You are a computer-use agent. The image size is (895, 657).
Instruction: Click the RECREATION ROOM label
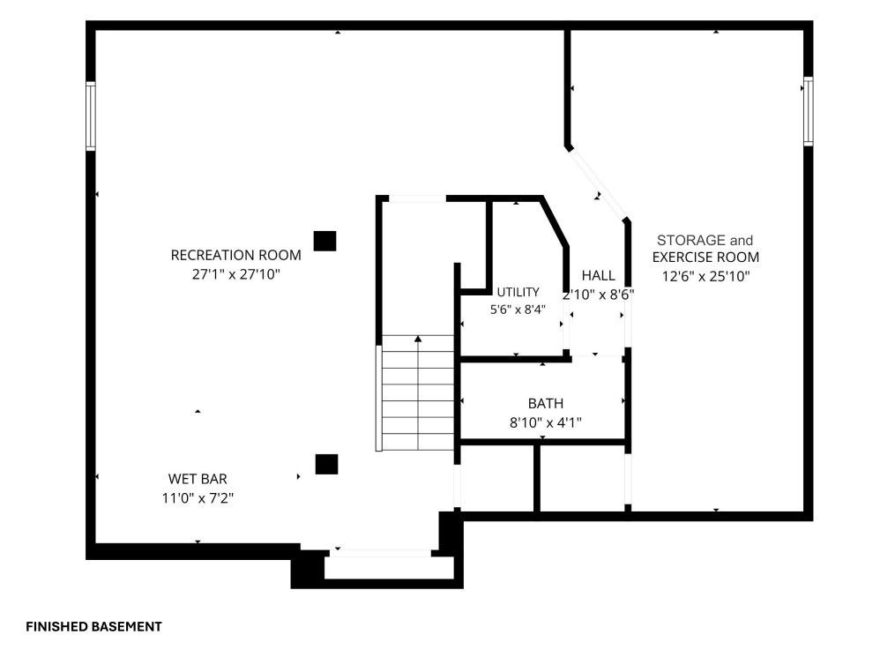pos(235,255)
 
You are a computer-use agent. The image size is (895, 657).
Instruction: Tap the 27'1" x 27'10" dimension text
pos(235,274)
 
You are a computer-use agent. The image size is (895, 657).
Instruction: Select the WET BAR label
pos(198,479)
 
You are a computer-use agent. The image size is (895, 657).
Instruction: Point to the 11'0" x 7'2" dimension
pos(198,498)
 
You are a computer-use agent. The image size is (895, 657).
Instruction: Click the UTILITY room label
pos(518,292)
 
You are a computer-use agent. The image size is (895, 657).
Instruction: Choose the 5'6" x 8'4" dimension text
pos(518,310)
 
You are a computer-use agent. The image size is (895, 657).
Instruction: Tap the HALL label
pos(598,276)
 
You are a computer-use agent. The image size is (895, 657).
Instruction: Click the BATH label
pos(546,404)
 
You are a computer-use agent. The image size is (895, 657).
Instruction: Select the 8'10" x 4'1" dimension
pos(546,423)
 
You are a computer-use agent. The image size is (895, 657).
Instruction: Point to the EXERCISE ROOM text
pos(705,258)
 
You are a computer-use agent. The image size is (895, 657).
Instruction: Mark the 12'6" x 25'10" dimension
pos(705,277)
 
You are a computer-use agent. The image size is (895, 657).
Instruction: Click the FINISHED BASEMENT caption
pos(93,627)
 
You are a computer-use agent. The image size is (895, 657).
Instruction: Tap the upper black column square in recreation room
pos(324,241)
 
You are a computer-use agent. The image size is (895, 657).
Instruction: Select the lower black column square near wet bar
pos(326,464)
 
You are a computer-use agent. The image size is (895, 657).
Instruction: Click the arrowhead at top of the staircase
pos(418,339)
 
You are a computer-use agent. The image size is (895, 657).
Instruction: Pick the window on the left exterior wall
pos(91,116)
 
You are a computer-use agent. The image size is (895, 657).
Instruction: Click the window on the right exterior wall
pos(809,111)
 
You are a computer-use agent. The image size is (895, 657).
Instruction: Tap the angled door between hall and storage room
pos(597,183)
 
